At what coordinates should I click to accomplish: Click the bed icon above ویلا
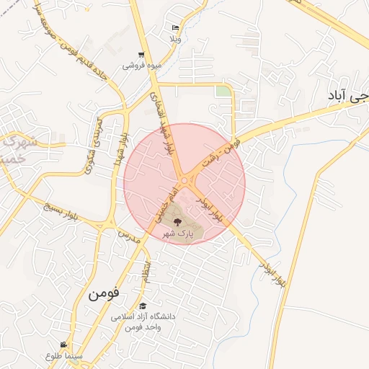point(176,27)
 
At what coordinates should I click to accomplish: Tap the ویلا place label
point(176,37)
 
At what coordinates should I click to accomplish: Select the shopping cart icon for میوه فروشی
point(142,55)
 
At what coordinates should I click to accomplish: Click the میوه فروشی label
point(142,66)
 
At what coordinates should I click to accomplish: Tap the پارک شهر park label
point(177,234)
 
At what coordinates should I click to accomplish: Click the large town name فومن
point(105,295)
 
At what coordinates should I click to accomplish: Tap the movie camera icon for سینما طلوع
point(64,344)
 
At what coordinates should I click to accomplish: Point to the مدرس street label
point(128,236)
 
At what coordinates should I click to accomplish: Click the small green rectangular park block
point(223,92)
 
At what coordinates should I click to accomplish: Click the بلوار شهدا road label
point(120,153)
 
